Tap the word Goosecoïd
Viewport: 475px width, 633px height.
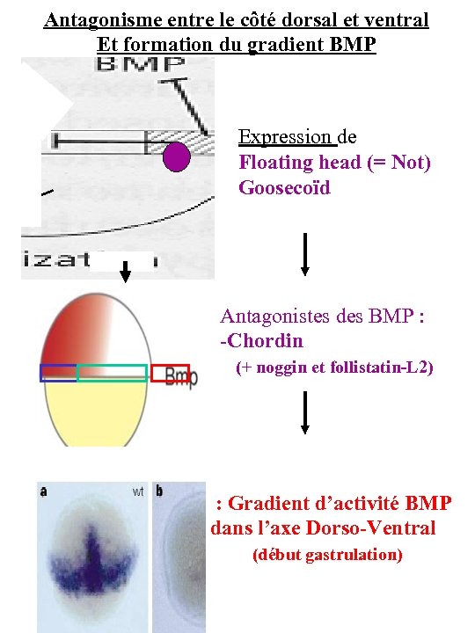coord(284,187)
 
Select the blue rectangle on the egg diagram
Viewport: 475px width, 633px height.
coord(58,373)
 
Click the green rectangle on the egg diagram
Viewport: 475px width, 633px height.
coord(112,373)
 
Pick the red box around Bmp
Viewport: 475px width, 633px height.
coord(170,374)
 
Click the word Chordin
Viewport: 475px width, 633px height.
coord(265,340)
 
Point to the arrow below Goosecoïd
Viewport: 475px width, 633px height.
coord(304,254)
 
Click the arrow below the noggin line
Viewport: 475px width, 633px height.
coord(304,411)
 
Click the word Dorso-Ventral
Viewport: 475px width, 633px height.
coord(383,528)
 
